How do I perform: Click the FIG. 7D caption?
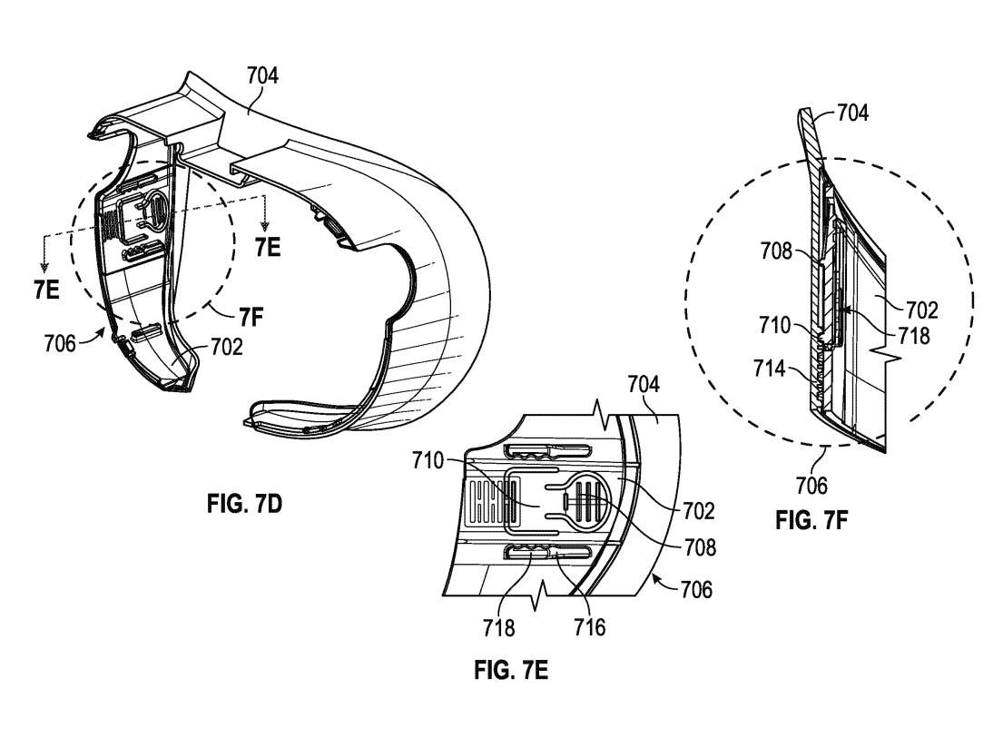243,504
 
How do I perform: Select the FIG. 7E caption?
511,670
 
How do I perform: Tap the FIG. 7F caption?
811,520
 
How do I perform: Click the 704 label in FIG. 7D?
263,75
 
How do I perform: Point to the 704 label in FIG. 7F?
852,113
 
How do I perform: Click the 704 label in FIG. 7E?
644,385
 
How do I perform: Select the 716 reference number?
589,627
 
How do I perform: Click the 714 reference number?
769,369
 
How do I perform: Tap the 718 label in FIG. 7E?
499,627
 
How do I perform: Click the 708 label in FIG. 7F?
776,251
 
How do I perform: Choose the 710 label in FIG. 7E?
428,460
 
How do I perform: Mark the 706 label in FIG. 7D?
60,343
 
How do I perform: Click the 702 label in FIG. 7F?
922,310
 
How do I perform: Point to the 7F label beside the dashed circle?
251,317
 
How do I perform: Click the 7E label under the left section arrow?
46,290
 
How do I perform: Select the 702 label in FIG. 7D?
226,348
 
